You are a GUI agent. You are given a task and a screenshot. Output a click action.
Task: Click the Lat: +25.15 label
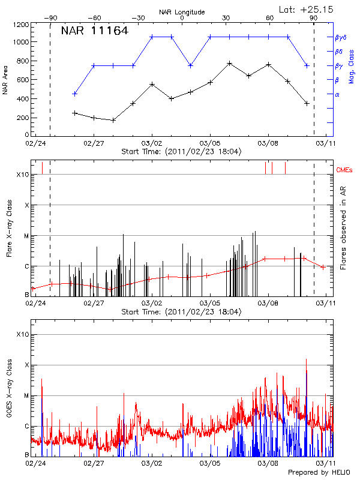[x=307, y=9]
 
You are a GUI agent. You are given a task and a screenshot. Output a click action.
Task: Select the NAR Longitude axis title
[x=182, y=12]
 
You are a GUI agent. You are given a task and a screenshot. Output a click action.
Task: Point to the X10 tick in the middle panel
[x=23, y=175]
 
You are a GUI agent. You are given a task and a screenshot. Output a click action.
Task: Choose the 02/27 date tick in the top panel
[x=94, y=143]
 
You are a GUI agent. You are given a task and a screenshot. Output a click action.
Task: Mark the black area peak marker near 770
[x=229, y=63]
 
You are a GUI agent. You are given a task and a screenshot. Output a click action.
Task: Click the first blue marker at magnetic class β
[x=74, y=94]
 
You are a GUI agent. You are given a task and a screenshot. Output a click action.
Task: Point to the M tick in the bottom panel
[x=26, y=395]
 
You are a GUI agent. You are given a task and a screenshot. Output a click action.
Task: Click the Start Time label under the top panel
[x=181, y=152]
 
